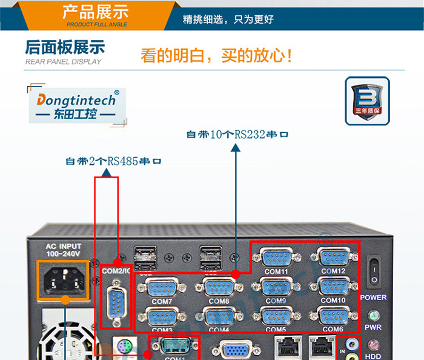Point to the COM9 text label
coord(276,301)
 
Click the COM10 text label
coord(333,300)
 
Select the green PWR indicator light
coord(374,315)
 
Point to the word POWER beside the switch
coord(374,298)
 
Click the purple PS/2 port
coord(124,348)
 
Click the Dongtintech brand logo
coord(77,105)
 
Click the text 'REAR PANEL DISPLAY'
coord(64,62)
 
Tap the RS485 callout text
coord(114,162)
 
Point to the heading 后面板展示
coord(65,48)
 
